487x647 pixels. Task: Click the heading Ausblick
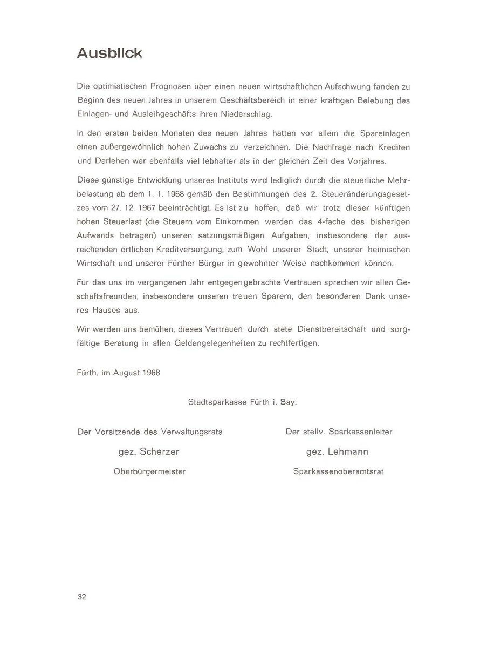coord(109,53)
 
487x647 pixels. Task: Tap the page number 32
coord(82,596)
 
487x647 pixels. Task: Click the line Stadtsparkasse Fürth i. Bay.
coord(243,402)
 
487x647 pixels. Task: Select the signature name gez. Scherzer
coord(149,451)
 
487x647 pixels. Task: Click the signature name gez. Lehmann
coord(338,451)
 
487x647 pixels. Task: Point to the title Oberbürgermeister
coord(149,471)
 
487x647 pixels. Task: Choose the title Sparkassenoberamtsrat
coord(338,471)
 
